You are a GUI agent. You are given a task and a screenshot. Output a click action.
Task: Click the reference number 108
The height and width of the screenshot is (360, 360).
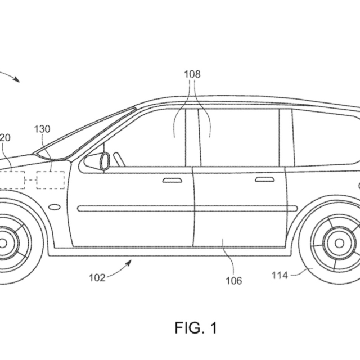[192, 74]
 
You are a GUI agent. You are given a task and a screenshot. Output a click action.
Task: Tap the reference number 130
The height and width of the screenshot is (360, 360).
[42, 129]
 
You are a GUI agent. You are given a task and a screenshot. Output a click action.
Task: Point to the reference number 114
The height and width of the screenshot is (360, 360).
[280, 275]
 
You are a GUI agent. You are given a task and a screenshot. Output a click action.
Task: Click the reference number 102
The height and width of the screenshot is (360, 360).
[97, 277]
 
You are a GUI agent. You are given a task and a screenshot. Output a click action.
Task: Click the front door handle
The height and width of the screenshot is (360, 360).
[172, 180]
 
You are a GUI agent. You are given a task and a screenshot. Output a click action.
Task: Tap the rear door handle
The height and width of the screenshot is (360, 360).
[264, 179]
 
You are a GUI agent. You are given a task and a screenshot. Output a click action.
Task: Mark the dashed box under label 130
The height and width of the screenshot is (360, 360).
[50, 179]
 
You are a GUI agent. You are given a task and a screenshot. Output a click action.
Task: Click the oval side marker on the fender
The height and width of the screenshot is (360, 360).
[55, 207]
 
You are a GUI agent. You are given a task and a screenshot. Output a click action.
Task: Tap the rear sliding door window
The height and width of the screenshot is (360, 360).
[239, 138]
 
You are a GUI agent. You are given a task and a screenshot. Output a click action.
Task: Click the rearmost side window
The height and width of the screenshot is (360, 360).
[323, 138]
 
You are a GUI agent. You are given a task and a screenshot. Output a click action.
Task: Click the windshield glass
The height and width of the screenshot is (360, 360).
[84, 133]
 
